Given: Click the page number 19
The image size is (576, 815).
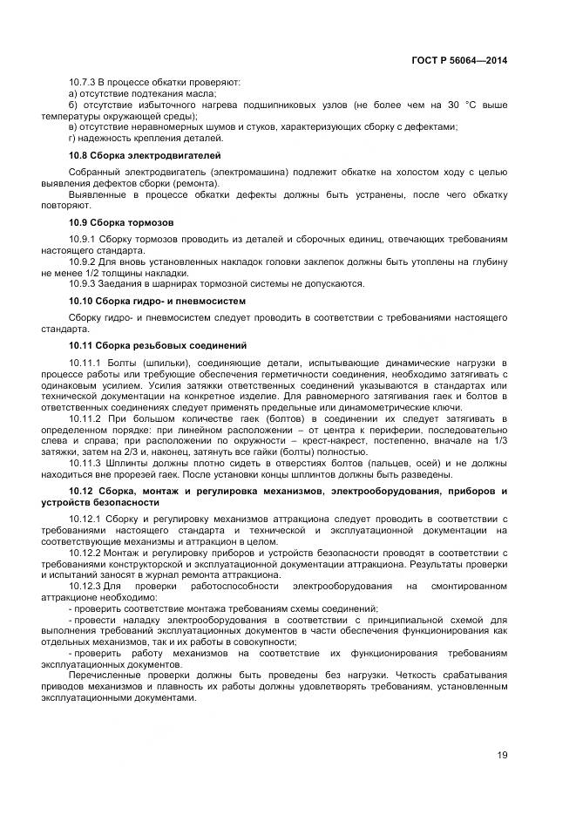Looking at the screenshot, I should point(502,755).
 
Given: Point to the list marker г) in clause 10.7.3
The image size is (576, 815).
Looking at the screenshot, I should point(72,138).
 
